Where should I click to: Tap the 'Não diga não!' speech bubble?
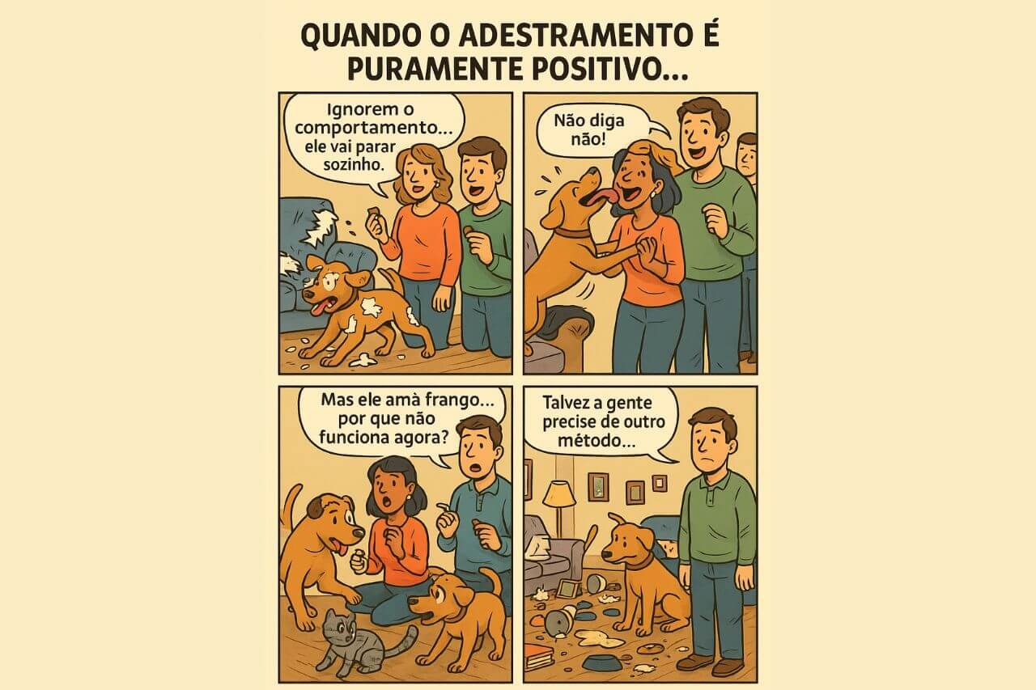click(591, 130)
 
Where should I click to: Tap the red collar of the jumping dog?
click(573, 232)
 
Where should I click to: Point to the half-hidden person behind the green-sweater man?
click(747, 158)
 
